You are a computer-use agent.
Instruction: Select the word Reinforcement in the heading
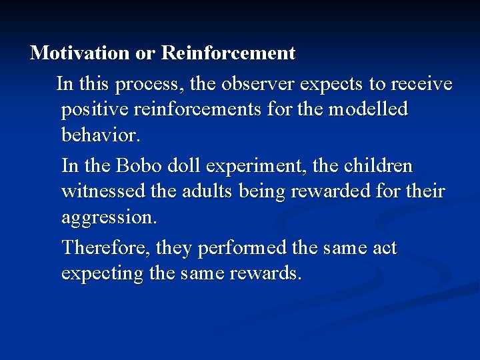(x=229, y=52)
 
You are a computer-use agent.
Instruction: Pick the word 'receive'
(x=421, y=84)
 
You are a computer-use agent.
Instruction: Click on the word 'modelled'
(x=371, y=109)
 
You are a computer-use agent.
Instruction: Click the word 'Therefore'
(x=107, y=248)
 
